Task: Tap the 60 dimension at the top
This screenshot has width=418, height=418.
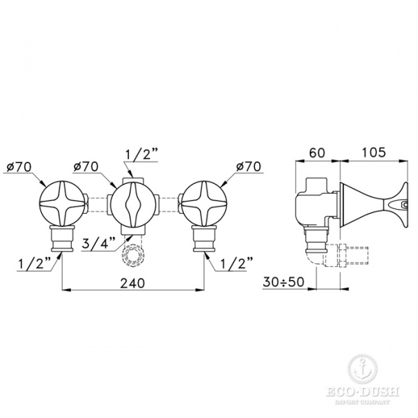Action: (x=317, y=151)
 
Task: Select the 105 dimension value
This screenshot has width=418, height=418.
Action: (x=374, y=151)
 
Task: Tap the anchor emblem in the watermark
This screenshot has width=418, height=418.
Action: (x=360, y=367)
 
